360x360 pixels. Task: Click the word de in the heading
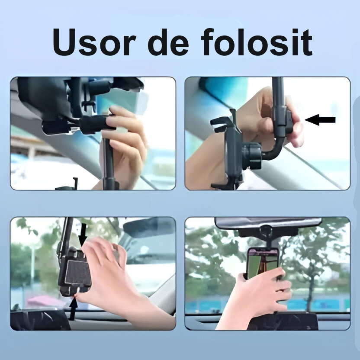click(168, 42)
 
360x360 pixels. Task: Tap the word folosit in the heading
click(257, 42)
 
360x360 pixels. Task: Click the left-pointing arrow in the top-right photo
click(320, 120)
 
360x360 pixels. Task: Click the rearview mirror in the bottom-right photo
click(268, 222)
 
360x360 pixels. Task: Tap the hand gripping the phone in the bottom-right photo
click(257, 299)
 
